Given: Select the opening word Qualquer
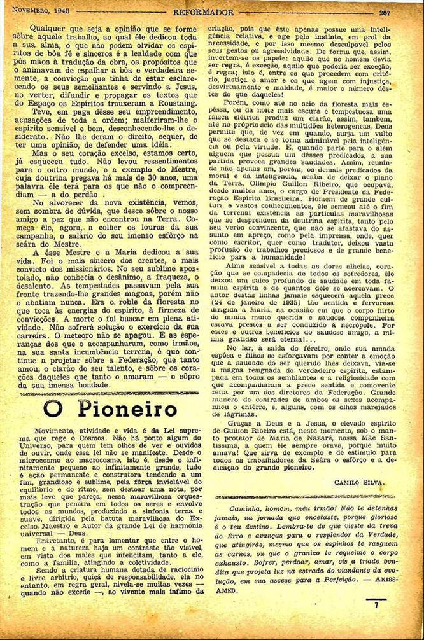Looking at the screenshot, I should click(44, 29).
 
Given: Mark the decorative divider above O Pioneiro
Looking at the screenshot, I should click(105, 393).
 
